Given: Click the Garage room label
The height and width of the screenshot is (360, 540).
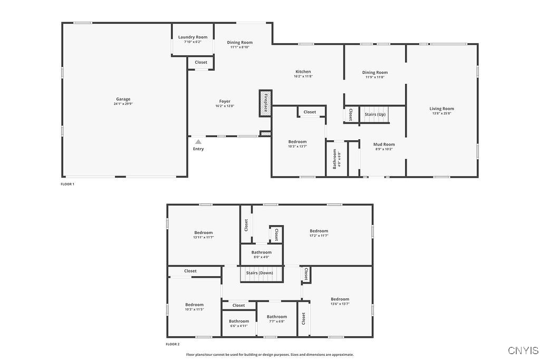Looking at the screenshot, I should pos(123,99).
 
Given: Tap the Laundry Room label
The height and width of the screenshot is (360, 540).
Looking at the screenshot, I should pos(192,37).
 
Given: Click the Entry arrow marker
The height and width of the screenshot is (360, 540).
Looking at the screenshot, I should pos(198,142).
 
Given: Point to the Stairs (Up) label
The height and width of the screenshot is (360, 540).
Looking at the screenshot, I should pos(375,114).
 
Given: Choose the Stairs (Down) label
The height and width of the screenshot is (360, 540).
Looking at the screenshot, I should pos(260,273).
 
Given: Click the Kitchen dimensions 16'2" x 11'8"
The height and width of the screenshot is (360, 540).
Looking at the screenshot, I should pos(303,76).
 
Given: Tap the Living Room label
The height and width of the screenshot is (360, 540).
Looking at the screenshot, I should pos(441,109).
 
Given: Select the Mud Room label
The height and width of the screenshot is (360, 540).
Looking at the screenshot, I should pos(384,144).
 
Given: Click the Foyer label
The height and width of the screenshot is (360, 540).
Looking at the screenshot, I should pos(225,101).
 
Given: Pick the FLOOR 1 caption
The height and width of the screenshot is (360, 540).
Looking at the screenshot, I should pos(67,184).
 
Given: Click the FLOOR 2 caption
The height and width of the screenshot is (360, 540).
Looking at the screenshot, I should pos(172,344).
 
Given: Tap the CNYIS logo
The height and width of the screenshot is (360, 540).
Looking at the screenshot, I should pos(523,350).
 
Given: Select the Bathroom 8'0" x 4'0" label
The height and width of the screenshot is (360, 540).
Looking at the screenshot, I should pos(261,252).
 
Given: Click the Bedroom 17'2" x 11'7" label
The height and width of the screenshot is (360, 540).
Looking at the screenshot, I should pos(319,231).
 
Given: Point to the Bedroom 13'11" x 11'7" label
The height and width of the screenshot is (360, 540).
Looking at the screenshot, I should pos(203,232).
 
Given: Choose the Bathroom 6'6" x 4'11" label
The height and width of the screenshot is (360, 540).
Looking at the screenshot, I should pos(239,321).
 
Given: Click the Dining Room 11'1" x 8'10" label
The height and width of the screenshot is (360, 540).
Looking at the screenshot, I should pos(240,42).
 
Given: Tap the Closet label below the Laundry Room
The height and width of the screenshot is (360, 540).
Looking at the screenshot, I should pos(201,62).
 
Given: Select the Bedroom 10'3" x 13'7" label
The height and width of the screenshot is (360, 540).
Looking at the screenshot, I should pos(297,141).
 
